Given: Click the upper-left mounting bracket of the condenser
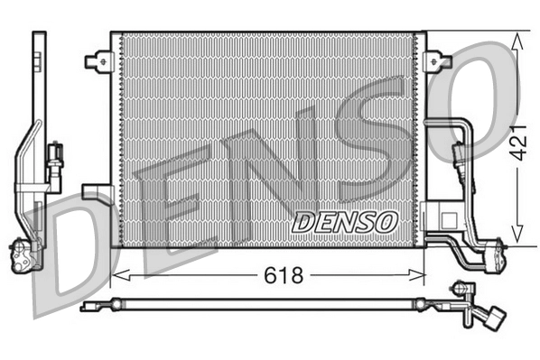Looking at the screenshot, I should (97, 61).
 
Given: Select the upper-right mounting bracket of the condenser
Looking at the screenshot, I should (439, 61).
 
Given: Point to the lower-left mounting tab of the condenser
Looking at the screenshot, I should (95, 190).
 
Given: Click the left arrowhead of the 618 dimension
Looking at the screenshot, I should (116, 274).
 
